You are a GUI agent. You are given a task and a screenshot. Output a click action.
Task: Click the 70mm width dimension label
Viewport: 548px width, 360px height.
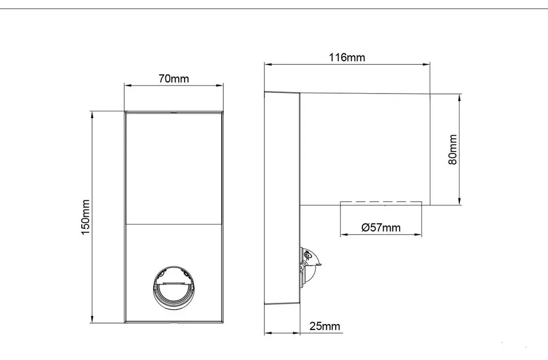(x=174, y=79)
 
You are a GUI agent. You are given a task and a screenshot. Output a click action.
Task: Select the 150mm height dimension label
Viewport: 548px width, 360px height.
(x=85, y=217)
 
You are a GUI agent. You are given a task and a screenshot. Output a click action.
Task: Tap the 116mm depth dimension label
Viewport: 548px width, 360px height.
(x=347, y=57)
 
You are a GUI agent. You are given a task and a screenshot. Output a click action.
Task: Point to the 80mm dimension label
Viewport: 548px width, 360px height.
(x=453, y=149)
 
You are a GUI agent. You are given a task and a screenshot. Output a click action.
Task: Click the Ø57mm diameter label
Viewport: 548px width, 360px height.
(x=381, y=228)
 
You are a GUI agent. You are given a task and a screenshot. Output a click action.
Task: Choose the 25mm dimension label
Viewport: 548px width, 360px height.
(x=325, y=326)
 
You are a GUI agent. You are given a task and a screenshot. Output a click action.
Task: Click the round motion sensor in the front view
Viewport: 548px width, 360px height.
(x=174, y=287)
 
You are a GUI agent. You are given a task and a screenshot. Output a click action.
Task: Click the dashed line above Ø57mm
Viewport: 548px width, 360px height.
(x=381, y=202)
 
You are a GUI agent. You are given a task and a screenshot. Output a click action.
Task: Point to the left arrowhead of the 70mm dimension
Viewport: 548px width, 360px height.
(x=128, y=85)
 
